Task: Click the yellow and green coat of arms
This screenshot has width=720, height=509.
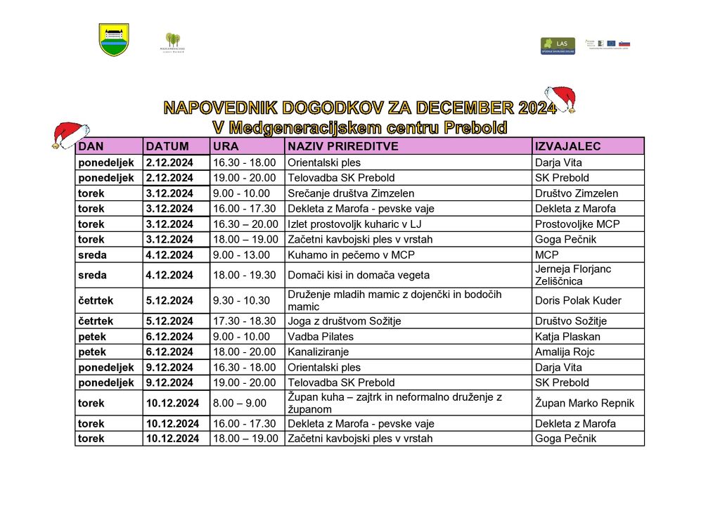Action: click(114, 39)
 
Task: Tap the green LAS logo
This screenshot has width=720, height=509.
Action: click(558, 46)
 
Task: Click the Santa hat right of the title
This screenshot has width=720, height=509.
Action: click(561, 98)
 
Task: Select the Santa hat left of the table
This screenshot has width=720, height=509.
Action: click(70, 134)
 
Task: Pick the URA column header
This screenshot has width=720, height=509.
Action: click(226, 146)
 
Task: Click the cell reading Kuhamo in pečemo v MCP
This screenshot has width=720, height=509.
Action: click(336, 254)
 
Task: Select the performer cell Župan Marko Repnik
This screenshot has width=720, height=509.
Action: click(584, 403)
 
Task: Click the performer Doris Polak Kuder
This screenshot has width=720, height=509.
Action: click(578, 300)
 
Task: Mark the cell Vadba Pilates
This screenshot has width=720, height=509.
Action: click(321, 336)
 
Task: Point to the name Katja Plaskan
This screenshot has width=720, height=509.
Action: click(567, 336)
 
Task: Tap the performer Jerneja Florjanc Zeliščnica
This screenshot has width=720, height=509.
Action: click(573, 275)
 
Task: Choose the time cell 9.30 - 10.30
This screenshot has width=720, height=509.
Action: click(241, 300)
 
